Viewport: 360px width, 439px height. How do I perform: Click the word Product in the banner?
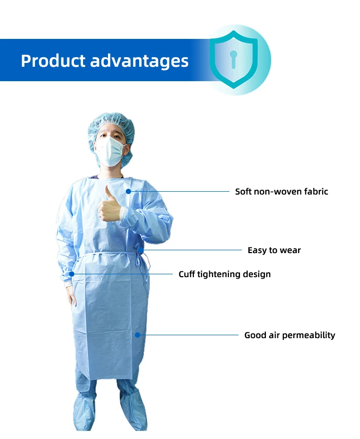tap(52, 61)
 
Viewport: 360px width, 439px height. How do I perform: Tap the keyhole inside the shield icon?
tap(234, 59)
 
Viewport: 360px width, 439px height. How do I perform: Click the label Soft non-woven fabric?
tap(281, 192)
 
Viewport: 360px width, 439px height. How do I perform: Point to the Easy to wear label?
tap(274, 250)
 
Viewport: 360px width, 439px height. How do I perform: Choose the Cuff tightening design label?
tap(225, 274)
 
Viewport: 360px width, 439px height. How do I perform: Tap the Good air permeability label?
tap(289, 335)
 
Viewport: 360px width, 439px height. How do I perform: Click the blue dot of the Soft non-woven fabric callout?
tap(128, 191)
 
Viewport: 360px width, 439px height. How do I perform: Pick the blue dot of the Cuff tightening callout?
tap(72, 274)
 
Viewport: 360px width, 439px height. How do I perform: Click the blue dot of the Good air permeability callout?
tap(137, 335)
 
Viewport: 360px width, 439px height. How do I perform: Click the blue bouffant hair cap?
tap(110, 123)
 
